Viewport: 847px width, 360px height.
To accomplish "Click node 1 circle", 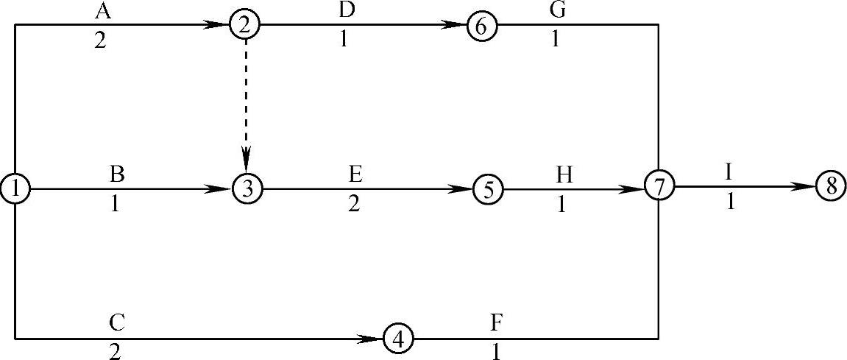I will (15, 189).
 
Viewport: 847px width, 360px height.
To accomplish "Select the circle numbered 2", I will (245, 24).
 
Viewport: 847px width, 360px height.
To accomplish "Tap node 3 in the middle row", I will (247, 189).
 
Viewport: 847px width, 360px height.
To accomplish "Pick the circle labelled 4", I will (398, 339).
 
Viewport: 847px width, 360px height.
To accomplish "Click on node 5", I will (487, 189).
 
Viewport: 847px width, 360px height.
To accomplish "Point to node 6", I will (481, 26).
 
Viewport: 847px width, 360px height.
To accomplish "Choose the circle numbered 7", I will (659, 186).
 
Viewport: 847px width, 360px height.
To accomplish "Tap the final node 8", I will (831, 186).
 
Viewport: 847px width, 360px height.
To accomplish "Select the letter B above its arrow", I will (116, 174).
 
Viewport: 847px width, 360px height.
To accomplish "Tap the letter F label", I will (496, 322).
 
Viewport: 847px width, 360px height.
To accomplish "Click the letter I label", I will (729, 172).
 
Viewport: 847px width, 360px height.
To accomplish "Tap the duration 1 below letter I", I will (730, 202).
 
